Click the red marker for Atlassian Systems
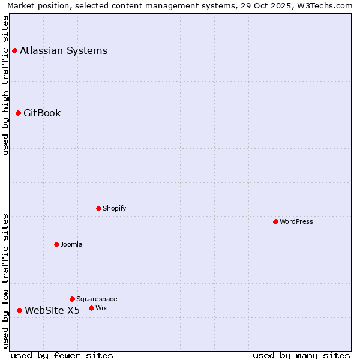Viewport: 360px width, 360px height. pos(14,51)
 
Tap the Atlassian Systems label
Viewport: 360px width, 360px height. pos(64,51)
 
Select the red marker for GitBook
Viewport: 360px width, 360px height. pos(18,113)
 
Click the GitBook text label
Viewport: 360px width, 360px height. pos(42,113)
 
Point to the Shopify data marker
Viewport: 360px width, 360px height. pos(98,209)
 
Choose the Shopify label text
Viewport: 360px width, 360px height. pos(114,209)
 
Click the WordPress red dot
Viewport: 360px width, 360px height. pos(275,222)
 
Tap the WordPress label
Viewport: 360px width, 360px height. pos(296,222)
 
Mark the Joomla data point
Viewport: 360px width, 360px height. pos(56,245)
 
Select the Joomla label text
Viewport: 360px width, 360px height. pos(71,245)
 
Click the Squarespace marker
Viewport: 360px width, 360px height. pos(72,299)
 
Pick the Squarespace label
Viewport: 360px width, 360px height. pos(97,299)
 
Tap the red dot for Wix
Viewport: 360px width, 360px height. pos(91,308)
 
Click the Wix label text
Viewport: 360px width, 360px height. pos(101,308)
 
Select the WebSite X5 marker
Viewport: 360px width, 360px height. pos(19,311)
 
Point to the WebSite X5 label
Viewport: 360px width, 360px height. pos(52,311)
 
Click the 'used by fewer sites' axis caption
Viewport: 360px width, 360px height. pos(62,356)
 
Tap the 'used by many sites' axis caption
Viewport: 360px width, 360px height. pos(301,356)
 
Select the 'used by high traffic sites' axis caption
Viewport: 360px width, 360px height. pos(6,85)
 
